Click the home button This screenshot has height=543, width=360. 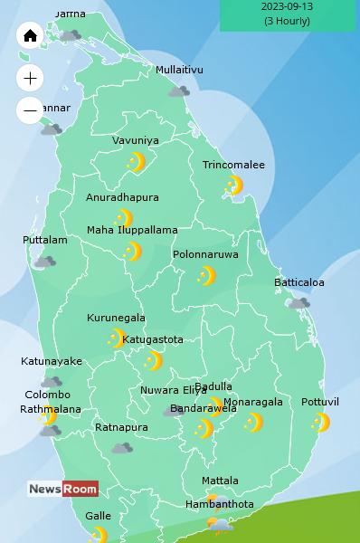30,35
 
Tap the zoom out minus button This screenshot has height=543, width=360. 30,110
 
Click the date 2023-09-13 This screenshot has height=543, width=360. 287,6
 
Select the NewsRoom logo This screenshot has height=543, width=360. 62,489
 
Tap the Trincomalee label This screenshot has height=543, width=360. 233,165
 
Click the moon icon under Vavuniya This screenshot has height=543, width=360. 136,162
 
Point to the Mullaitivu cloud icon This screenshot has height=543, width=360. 179,91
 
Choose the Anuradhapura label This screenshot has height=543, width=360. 122,197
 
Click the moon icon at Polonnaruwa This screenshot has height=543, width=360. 206,276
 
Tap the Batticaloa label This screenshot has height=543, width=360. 298,282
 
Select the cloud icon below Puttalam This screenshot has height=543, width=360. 44,262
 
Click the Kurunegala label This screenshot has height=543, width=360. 116,318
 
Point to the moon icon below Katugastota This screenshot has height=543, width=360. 152,361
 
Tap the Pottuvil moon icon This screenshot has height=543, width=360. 320,423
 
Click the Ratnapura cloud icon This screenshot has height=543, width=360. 122,448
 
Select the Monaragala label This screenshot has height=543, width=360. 252,402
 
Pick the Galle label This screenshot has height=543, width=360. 98,516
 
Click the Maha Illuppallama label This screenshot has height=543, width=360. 132,230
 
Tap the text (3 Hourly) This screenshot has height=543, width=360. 287,21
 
